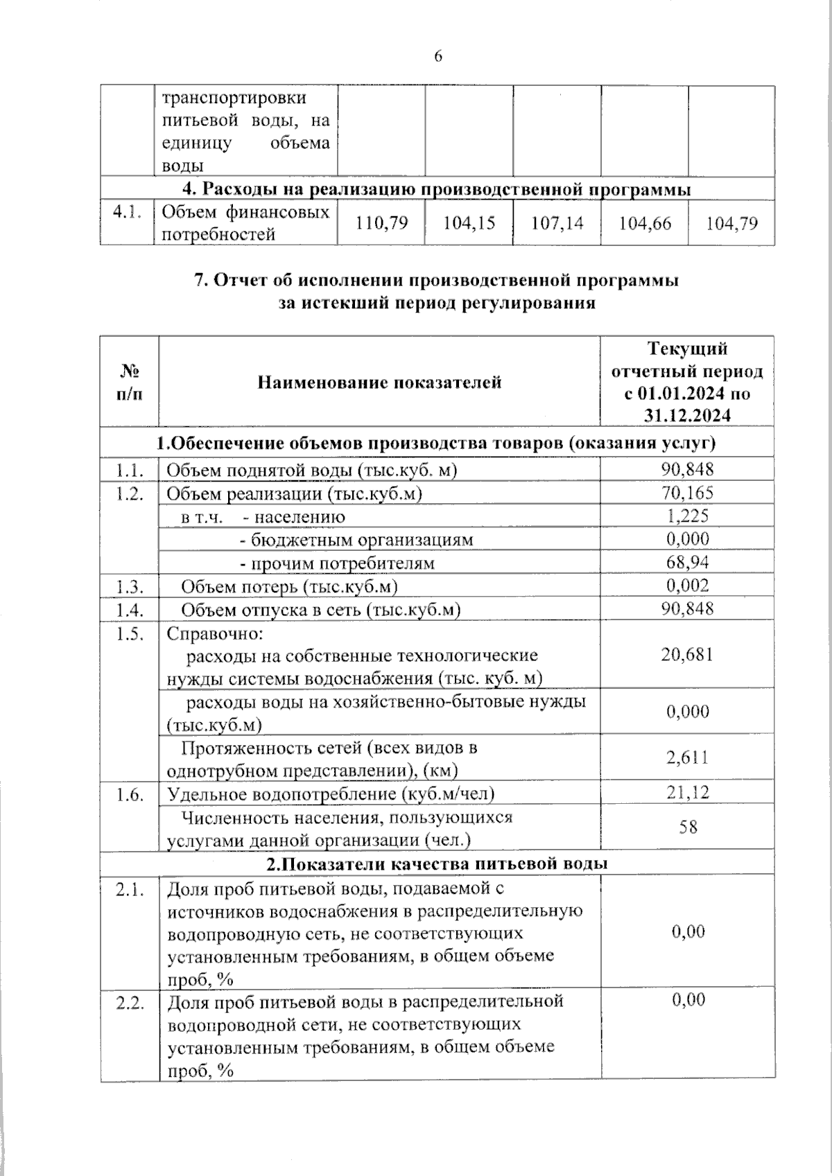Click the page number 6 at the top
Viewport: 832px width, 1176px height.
tap(437, 57)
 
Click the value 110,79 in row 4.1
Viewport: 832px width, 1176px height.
tap(381, 223)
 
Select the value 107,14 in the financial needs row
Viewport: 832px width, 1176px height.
tap(557, 223)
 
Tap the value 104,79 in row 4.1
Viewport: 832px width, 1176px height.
tap(731, 223)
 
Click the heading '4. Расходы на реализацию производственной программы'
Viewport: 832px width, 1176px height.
tap(437, 189)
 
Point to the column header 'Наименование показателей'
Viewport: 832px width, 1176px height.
tap(379, 382)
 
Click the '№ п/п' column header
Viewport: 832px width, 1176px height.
tap(129, 382)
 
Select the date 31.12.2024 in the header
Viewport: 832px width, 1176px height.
tap(687, 415)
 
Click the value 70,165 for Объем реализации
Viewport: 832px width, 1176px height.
tap(687, 493)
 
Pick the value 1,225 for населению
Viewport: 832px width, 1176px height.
tap(687, 516)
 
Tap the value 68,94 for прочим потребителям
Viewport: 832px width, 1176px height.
tap(687, 562)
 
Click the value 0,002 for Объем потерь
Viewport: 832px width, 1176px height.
tap(687, 586)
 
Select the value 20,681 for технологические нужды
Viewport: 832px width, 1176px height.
tap(687, 655)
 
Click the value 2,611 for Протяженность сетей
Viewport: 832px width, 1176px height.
tap(687, 757)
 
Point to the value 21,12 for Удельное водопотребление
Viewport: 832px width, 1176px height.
tap(687, 792)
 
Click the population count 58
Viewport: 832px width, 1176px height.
tap(688, 827)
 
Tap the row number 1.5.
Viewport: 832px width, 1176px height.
tap(130, 633)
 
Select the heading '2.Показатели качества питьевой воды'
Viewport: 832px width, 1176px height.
tap(437, 863)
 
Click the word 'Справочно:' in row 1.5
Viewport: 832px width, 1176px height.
tap(215, 633)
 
